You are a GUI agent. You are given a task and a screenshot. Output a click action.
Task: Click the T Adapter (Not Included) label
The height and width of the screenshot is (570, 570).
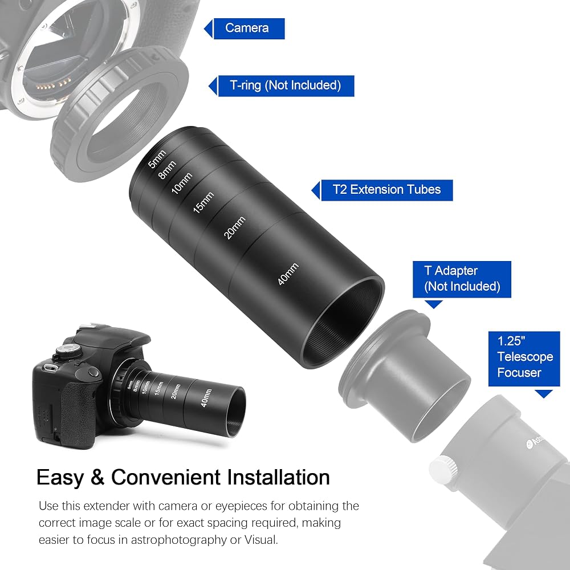tap(462, 279)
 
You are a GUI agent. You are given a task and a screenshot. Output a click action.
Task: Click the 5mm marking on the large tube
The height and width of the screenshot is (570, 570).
tap(157, 159)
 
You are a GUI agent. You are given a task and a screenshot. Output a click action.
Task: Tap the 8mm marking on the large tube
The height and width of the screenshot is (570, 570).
tap(167, 170)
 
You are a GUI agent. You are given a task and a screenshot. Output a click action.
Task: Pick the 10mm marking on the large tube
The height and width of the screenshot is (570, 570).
tap(182, 183)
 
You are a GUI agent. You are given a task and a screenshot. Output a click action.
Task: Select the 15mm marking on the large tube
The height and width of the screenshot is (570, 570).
tap(203, 202)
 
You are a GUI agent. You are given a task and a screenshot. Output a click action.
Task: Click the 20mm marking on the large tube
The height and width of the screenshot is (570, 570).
tap(234, 228)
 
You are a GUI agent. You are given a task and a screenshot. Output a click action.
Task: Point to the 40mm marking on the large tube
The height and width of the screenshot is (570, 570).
tap(288, 274)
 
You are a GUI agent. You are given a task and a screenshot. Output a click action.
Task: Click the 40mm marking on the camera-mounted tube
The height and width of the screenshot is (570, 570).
tap(206, 398)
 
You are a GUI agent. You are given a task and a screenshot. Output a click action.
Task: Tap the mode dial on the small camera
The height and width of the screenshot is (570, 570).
tap(68, 351)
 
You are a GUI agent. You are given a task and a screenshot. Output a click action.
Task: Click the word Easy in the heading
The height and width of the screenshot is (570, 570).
tap(60, 478)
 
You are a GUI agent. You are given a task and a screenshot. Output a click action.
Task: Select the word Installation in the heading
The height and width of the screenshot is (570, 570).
tap(278, 477)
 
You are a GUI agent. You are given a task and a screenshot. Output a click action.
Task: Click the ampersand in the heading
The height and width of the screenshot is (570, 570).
tap(97, 477)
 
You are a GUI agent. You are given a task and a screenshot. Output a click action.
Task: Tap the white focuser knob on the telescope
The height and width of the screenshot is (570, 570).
tap(443, 470)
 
